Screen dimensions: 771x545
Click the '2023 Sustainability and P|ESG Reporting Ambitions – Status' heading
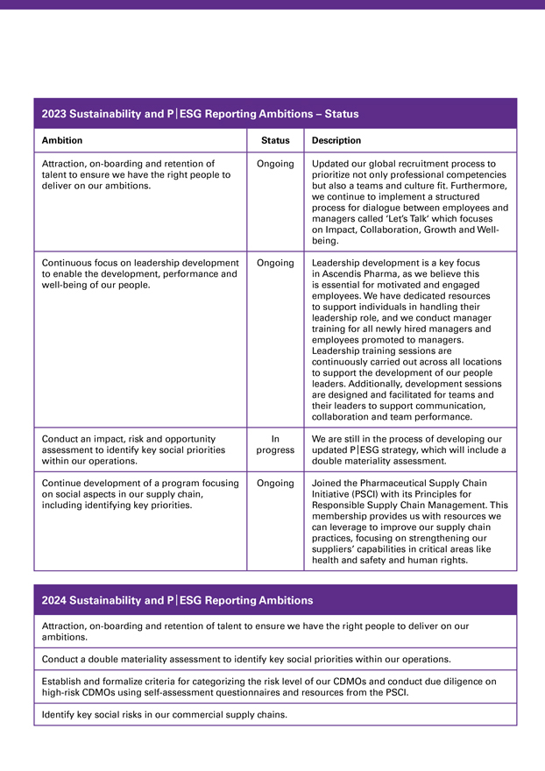[200, 114]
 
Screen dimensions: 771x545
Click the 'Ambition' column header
[62, 140]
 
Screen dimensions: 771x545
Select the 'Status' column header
[275, 140]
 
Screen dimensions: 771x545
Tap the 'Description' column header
[336, 140]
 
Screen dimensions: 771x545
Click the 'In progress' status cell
[275, 444]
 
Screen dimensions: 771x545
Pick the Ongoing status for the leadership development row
[275, 263]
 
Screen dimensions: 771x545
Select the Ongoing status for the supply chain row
[275, 483]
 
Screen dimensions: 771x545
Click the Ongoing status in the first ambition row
[275, 164]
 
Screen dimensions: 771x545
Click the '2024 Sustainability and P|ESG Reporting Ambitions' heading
[177, 600]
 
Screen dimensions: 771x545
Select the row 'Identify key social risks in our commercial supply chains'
[165, 714]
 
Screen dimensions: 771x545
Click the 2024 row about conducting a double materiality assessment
[246, 659]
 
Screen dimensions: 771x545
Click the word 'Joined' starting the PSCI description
[327, 483]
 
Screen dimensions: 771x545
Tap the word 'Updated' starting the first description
[330, 164]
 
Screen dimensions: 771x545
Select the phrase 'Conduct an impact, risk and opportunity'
[129, 439]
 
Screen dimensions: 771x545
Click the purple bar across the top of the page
[272, 4]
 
